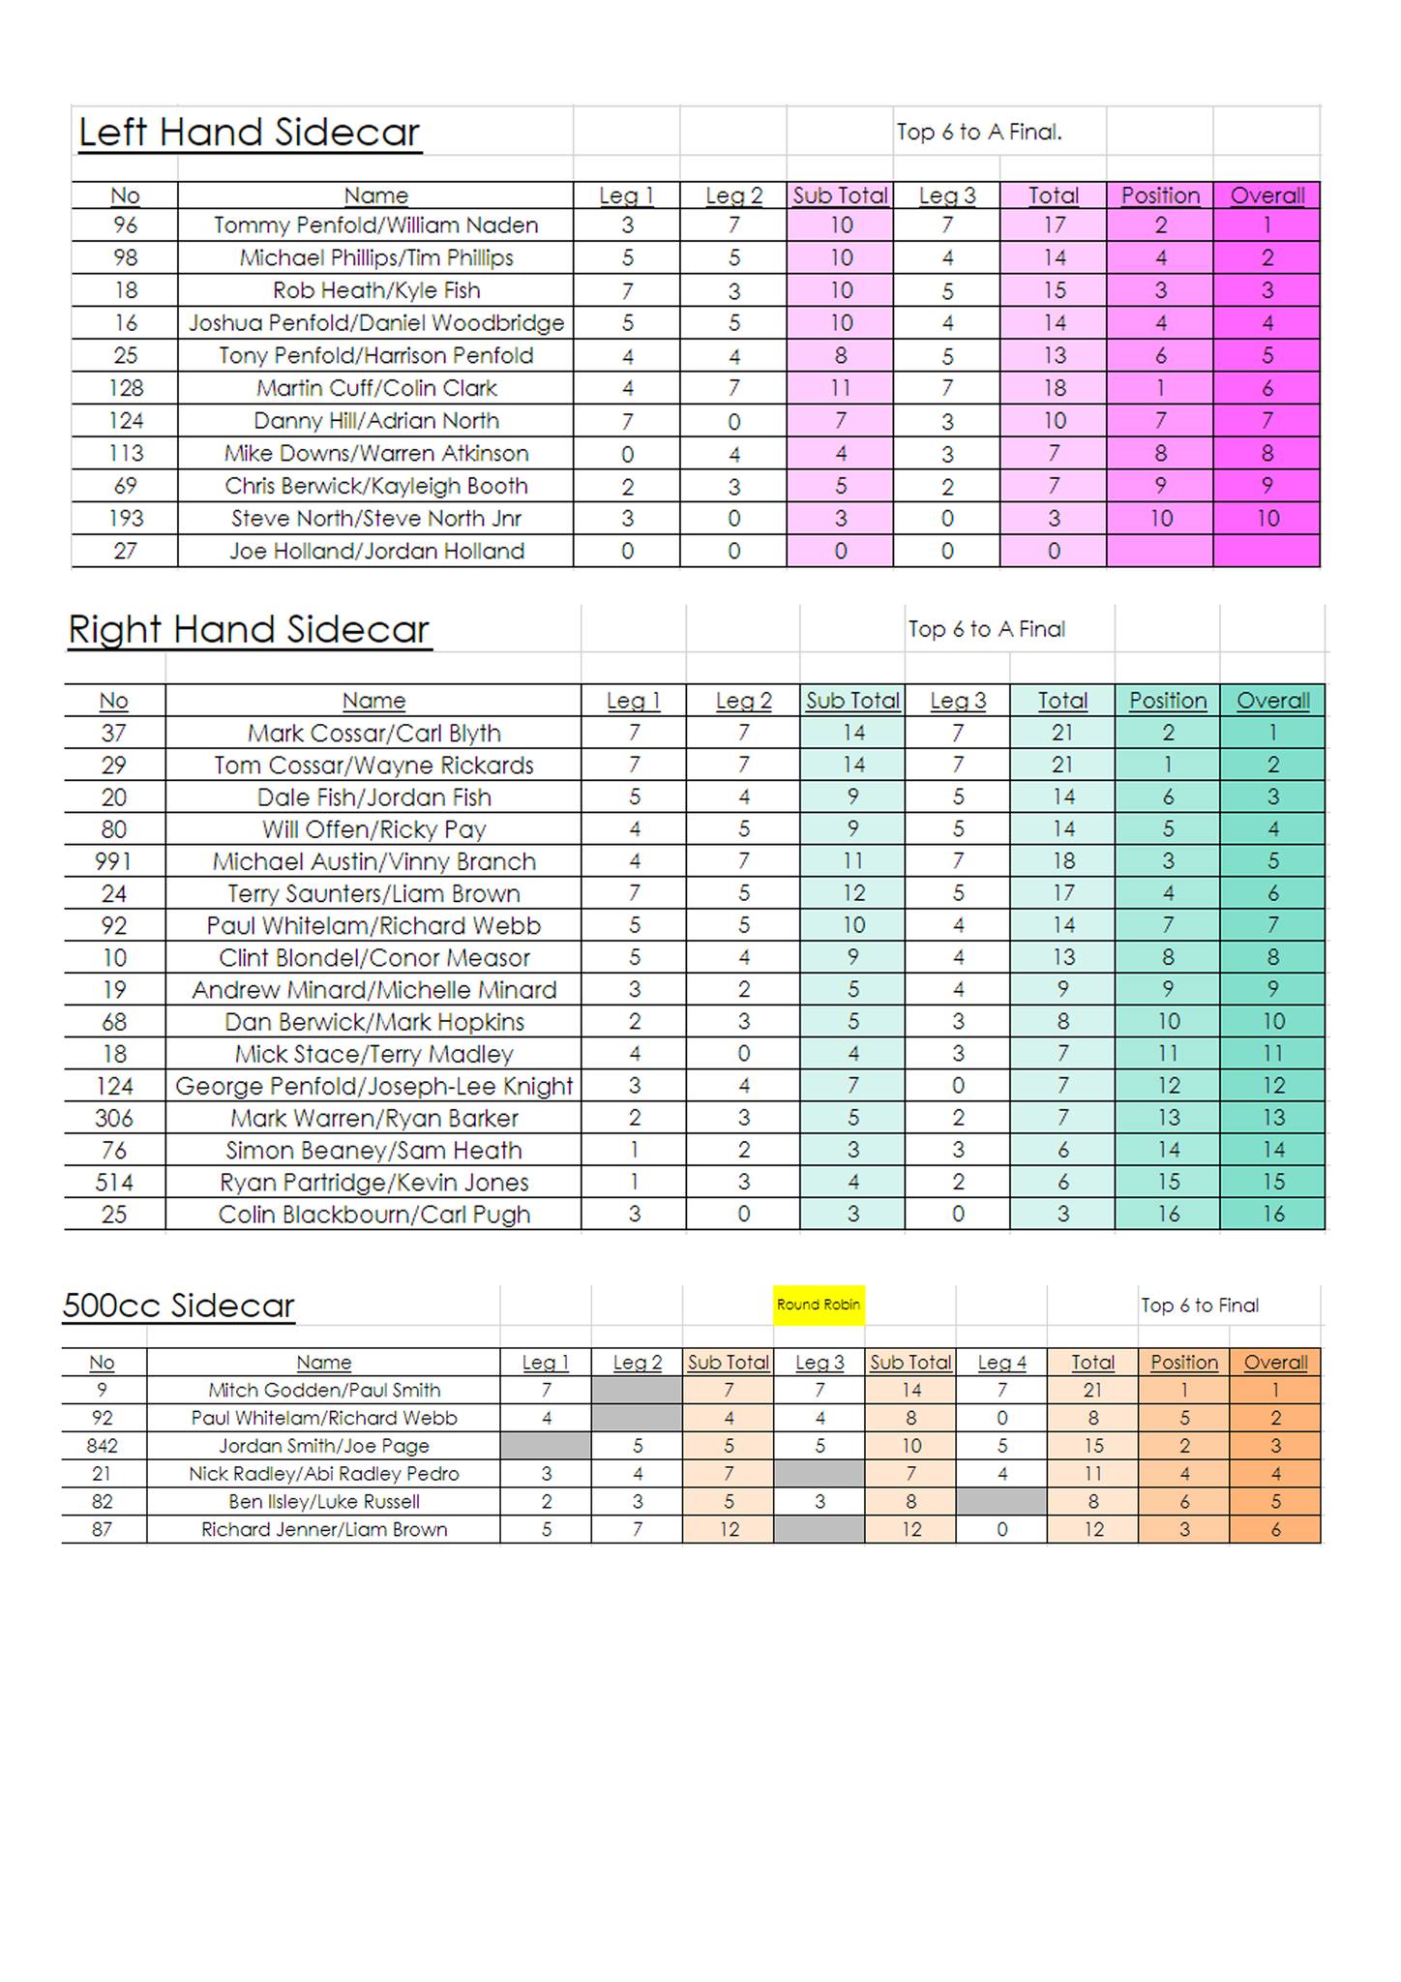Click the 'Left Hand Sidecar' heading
(x=250, y=133)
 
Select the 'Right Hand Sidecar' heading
(x=249, y=630)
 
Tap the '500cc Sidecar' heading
(x=178, y=1306)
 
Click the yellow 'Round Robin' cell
(x=819, y=1305)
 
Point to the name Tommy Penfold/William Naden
(x=375, y=225)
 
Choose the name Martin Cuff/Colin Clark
(x=375, y=388)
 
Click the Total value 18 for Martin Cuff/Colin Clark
(x=1054, y=388)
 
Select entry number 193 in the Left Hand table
(x=126, y=519)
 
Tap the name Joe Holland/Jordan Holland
(x=375, y=552)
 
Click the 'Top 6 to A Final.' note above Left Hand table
(x=979, y=133)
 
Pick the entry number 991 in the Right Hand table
(x=113, y=861)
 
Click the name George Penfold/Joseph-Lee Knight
(x=373, y=1086)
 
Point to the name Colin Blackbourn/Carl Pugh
(x=373, y=1215)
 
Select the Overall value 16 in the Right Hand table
(x=1273, y=1215)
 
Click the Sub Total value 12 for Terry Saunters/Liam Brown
(x=852, y=893)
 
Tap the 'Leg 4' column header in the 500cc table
(x=1001, y=1363)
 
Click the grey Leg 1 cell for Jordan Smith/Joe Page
(x=546, y=1446)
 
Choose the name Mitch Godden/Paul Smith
(x=324, y=1391)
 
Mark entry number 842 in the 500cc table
(x=102, y=1446)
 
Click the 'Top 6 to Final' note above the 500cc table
(x=1200, y=1306)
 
